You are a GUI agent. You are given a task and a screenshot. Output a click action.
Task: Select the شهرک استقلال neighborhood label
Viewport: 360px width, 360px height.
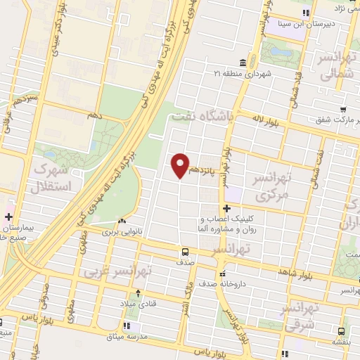tap(49, 179)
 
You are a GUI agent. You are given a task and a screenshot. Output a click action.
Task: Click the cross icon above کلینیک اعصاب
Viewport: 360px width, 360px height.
tap(227, 208)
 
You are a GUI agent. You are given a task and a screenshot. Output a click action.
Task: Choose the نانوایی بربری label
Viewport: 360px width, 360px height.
tap(124, 231)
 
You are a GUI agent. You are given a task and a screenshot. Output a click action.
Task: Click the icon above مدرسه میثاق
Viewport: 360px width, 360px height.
tap(127, 326)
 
